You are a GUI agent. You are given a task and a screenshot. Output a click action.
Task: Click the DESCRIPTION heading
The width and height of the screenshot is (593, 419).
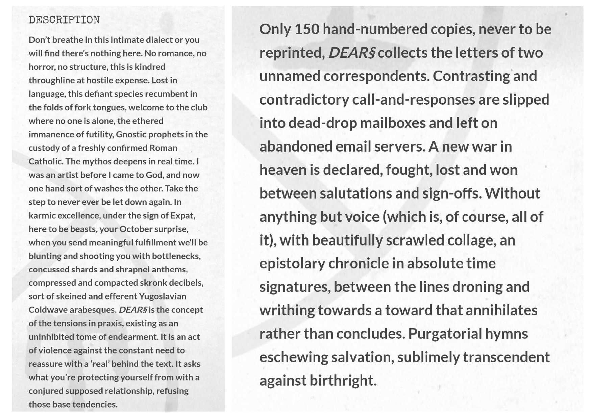(64, 20)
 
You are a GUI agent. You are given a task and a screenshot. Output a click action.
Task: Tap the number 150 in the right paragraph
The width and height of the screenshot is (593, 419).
(307, 29)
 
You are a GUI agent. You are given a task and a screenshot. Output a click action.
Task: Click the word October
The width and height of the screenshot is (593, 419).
(136, 229)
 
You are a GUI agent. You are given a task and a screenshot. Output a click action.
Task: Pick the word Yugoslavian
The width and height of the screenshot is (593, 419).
(163, 296)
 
